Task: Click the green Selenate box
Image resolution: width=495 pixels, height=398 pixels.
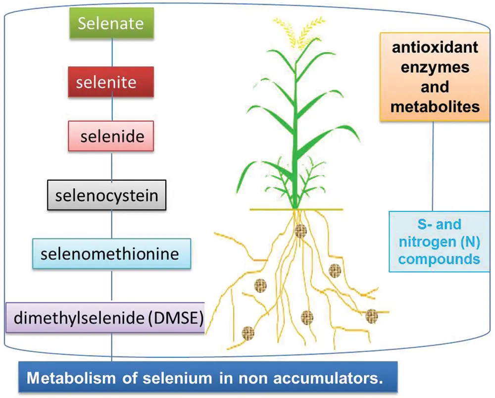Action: [111, 23]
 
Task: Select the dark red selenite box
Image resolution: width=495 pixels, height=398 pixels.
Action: [111, 82]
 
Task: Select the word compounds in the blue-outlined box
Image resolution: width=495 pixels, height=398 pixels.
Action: [439, 259]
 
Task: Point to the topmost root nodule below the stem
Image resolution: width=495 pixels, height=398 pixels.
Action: [299, 230]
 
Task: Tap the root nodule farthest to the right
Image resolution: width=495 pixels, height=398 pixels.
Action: [372, 316]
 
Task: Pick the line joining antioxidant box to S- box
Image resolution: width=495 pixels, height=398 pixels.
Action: [434, 166]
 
